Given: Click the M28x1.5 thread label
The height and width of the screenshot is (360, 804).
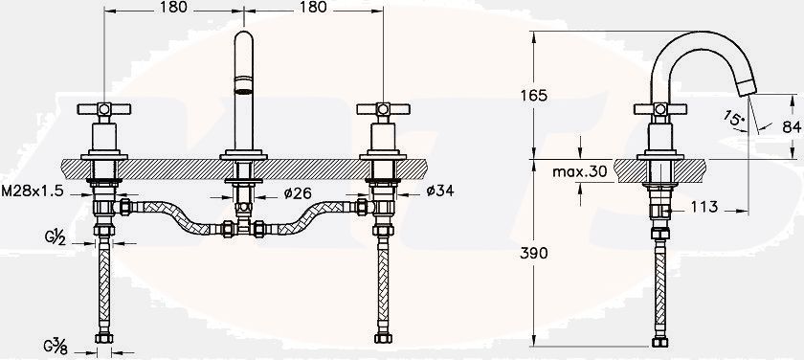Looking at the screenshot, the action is coord(33,191).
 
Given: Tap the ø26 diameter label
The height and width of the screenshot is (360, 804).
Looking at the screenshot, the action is coord(298,192).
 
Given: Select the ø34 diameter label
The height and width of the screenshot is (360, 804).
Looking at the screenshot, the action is coord(440,191).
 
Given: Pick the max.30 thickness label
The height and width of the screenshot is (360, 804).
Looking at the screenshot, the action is coord(579,171).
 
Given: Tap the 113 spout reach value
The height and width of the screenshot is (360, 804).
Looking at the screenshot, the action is coord(704,207).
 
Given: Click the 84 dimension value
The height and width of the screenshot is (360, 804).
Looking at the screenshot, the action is coord(793,126).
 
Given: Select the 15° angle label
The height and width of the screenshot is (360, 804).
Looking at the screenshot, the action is coord(733,119).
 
